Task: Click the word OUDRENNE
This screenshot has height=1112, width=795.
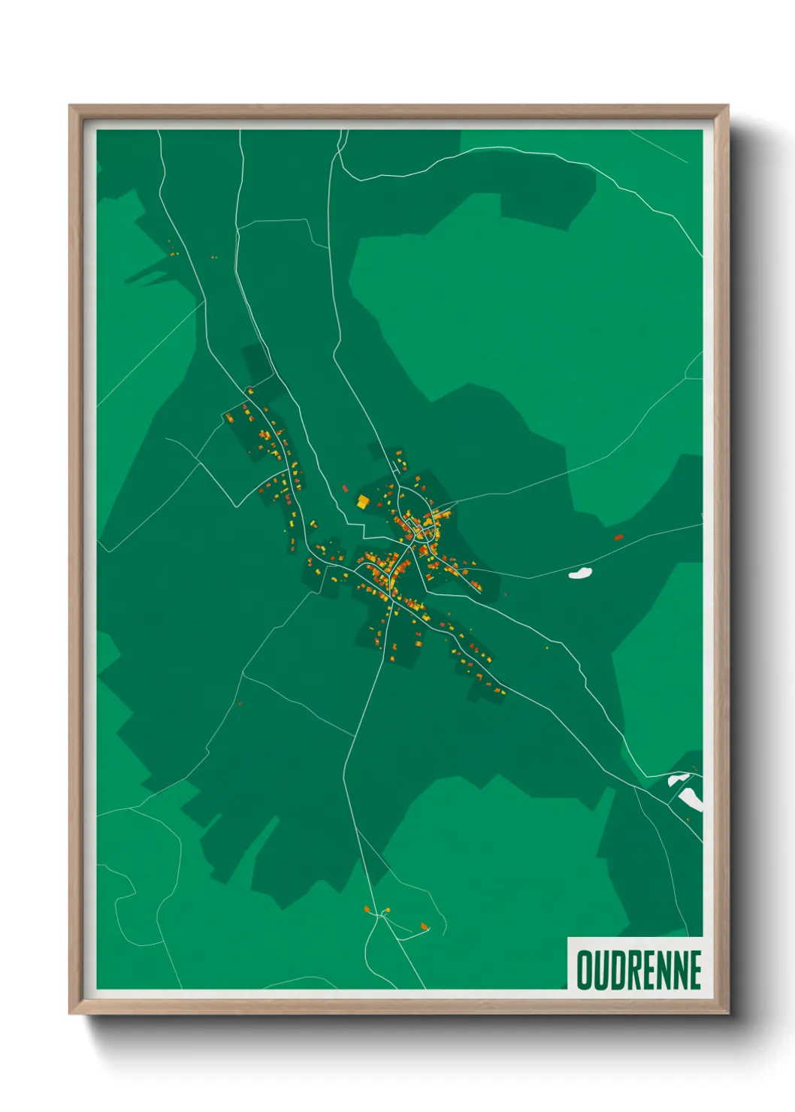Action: [x=639, y=970]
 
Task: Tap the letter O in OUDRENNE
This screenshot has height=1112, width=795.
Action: [x=584, y=970]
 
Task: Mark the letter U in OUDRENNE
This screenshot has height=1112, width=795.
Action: [x=600, y=970]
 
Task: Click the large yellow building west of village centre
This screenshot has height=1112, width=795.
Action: [x=363, y=501]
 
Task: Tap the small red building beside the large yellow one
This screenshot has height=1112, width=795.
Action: [x=345, y=489]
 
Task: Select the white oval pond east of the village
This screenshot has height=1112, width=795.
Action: [x=580, y=573]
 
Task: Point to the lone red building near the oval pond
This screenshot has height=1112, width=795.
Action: [x=619, y=537]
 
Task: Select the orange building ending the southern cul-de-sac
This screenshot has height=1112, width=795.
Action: [x=425, y=926]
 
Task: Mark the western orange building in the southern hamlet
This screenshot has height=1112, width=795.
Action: [x=367, y=910]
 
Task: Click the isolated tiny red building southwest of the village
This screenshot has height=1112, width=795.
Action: [x=240, y=704]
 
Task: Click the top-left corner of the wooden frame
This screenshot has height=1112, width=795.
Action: [x=70, y=106]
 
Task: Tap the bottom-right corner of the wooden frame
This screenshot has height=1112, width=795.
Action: [x=727, y=1013]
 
